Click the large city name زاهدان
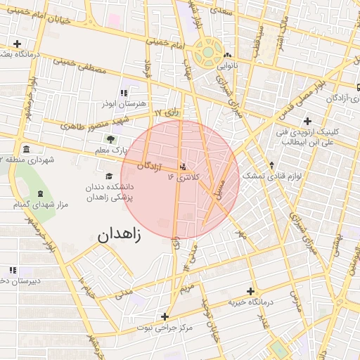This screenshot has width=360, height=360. click(x=116, y=234)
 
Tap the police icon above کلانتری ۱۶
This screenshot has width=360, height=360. click(x=184, y=167)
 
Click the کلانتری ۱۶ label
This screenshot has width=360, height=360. click(x=184, y=178)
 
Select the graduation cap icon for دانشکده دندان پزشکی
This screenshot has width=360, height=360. click(x=108, y=176)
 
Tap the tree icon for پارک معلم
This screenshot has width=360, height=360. click(x=110, y=139)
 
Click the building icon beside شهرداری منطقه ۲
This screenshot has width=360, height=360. click(x=26, y=149)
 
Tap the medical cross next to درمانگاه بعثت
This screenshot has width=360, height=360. click(x=17, y=44)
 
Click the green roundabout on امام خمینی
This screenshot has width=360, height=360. click(x=209, y=51)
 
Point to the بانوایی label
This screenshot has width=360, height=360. click(x=226, y=65)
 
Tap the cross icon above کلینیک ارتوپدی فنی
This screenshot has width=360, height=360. click(x=307, y=120)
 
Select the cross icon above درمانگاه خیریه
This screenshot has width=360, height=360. click(x=250, y=291)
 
